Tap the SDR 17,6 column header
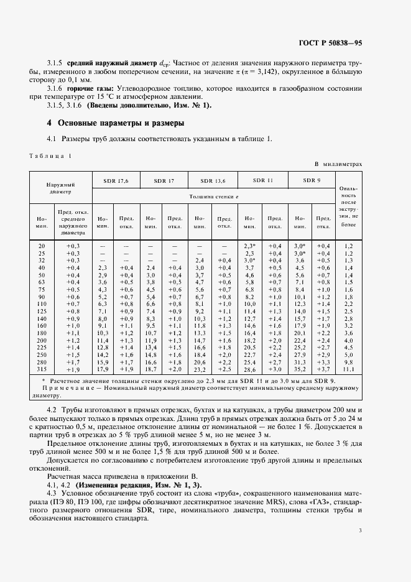[x=113, y=180]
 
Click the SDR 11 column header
[x=262, y=180]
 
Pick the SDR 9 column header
[x=312, y=180]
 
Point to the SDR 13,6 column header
[x=212, y=180]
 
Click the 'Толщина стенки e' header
[x=213, y=196]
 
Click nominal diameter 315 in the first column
[x=42, y=369]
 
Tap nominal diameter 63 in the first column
[x=42, y=282]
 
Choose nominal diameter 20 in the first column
[x=42, y=247]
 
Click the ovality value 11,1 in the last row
[x=348, y=369]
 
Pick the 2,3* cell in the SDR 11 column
[x=250, y=247]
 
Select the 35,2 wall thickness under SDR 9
[x=300, y=369]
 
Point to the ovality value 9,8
[x=348, y=362]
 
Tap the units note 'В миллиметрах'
[x=338, y=164]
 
